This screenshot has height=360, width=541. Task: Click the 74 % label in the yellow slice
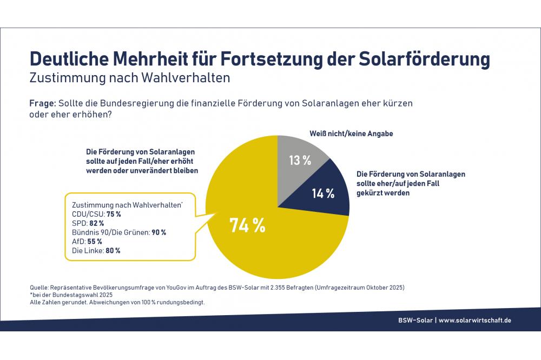247,225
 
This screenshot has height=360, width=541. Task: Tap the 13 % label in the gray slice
299,160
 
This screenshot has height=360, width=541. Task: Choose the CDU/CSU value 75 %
114,214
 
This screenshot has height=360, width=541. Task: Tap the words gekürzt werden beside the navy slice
382,192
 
